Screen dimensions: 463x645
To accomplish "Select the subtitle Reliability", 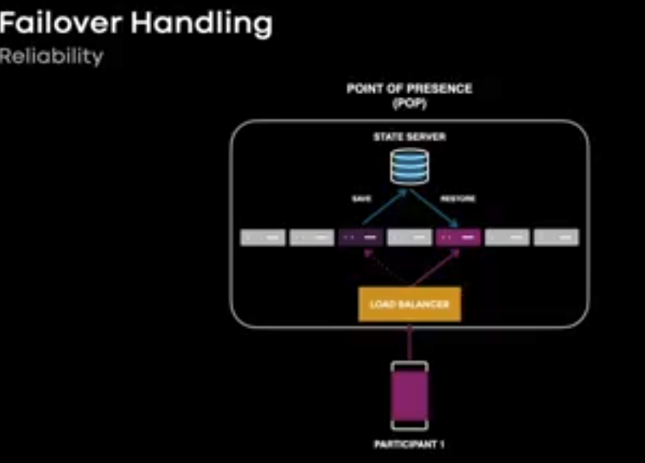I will (51, 57).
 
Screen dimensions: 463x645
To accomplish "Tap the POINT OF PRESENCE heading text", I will (409, 89).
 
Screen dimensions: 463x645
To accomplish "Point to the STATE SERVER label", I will (409, 137).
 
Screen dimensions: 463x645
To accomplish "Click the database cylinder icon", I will (410, 165).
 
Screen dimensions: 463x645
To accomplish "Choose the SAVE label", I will (361, 198).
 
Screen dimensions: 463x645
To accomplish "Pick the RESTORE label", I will (458, 198).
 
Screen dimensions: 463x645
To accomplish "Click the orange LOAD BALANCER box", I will (410, 305).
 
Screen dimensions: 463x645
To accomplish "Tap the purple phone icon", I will (410, 396).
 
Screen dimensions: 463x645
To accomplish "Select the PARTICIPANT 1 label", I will (409, 444).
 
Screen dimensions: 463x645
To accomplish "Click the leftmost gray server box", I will (263, 237).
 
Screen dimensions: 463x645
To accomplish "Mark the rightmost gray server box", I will (556, 237).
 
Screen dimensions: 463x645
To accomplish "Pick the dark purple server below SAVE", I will (361, 237).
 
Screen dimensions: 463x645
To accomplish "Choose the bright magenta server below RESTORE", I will (459, 237).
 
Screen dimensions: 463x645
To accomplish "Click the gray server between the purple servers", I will (410, 237).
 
